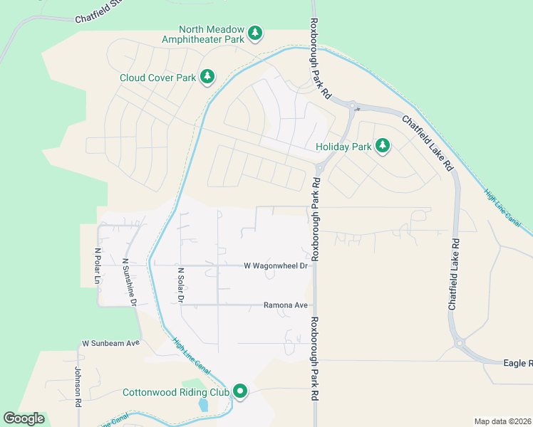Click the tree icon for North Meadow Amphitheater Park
[x=255, y=33]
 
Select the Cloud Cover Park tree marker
[x=207, y=76]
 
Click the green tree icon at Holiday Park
[x=383, y=146]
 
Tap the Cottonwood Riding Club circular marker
[x=241, y=391]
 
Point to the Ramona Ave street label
[x=285, y=305]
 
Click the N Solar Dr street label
[x=181, y=285]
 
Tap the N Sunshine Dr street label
[x=129, y=283]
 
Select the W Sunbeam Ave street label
[x=111, y=343]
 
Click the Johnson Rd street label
[x=78, y=385]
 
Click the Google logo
[x=24, y=418]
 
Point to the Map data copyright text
[x=502, y=421]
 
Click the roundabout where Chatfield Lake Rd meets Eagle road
[x=460, y=344]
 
